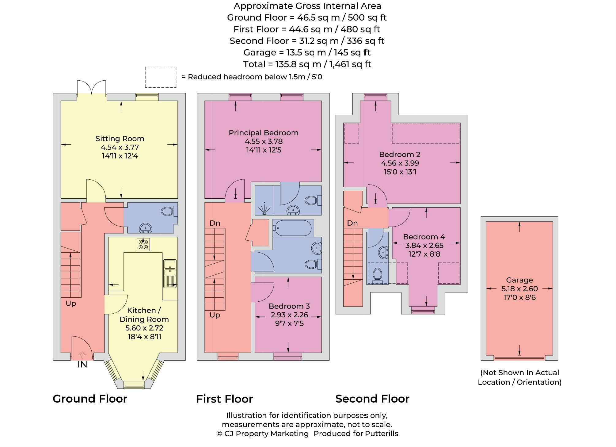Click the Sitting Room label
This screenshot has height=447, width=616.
click(x=120, y=139)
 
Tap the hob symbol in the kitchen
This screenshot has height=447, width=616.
click(x=143, y=244)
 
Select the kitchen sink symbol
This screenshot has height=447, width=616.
click(x=170, y=273)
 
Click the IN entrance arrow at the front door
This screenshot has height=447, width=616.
click(x=82, y=355)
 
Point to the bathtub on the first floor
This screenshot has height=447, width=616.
click(x=292, y=228)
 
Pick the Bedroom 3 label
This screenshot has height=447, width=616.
click(x=289, y=306)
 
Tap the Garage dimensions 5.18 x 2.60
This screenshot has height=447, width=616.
click(x=519, y=288)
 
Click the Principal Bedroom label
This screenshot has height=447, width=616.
click(x=263, y=133)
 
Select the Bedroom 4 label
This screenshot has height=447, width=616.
click(x=424, y=237)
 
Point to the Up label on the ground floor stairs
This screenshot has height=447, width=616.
click(x=71, y=303)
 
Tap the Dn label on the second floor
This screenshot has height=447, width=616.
click(x=352, y=223)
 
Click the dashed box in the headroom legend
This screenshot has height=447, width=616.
click(x=161, y=77)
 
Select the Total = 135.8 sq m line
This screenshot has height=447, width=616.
click(x=307, y=64)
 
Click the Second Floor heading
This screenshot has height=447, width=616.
click(x=372, y=399)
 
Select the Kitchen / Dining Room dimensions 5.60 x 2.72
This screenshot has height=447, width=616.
click(x=144, y=328)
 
